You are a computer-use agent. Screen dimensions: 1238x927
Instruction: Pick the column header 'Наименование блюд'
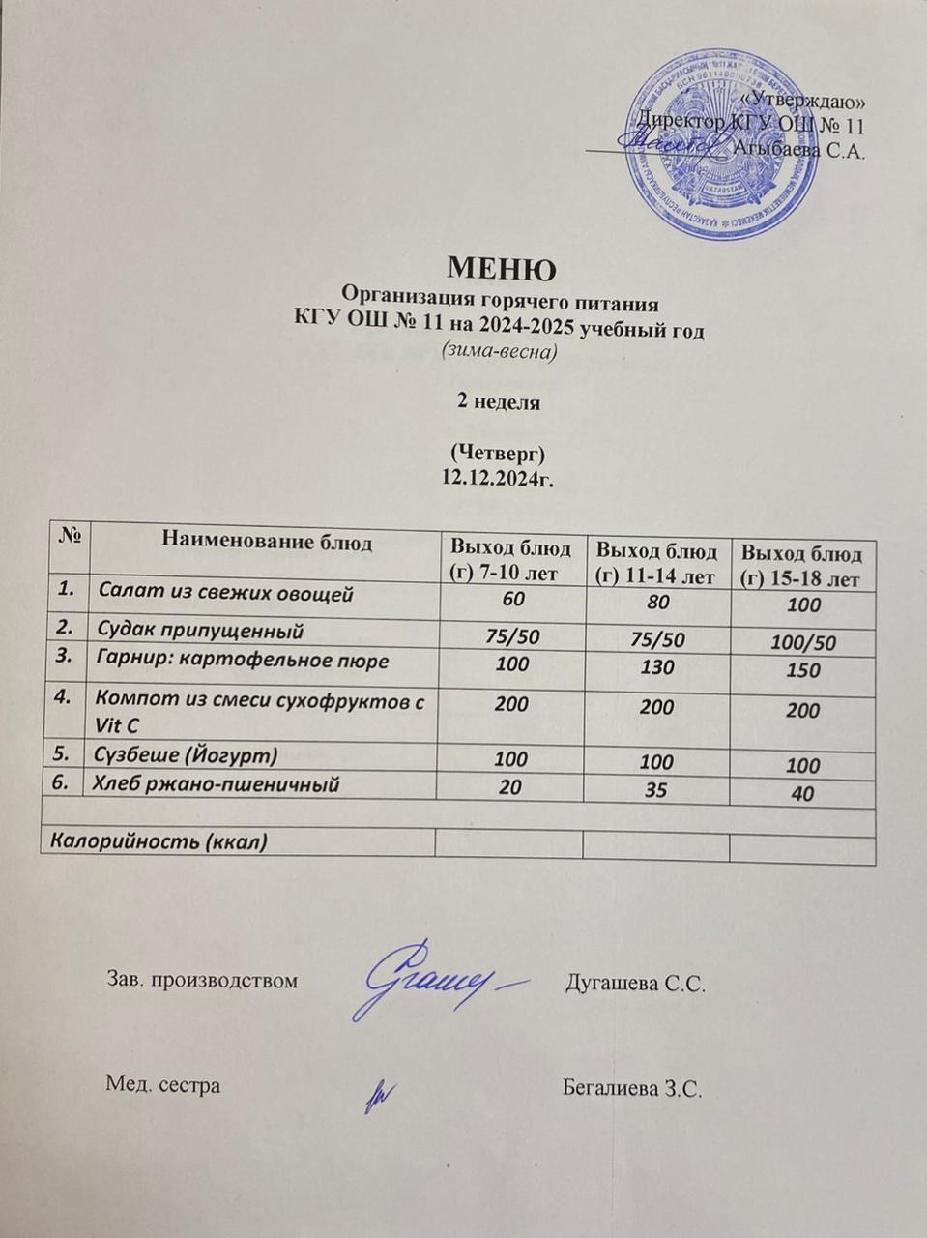pos(267,542)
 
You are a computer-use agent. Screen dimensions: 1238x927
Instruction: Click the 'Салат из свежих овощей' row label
pos(226,594)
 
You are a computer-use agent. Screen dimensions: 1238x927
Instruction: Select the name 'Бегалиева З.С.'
pos(630,1086)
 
